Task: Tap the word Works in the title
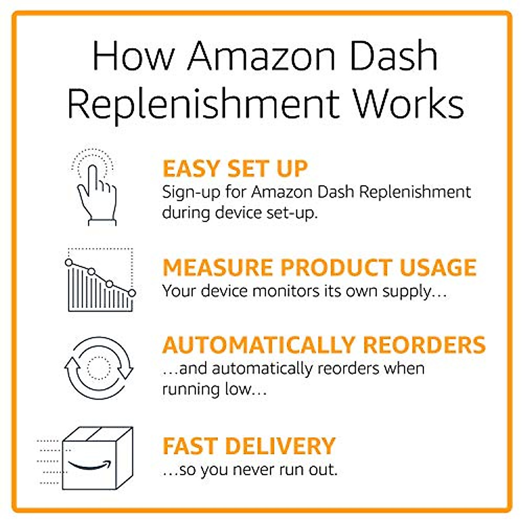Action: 408,105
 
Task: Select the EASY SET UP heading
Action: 235,169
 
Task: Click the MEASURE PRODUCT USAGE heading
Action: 319,267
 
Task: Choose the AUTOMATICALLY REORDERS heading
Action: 324,345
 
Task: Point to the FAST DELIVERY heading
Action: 249,446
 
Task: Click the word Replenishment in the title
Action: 203,105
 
